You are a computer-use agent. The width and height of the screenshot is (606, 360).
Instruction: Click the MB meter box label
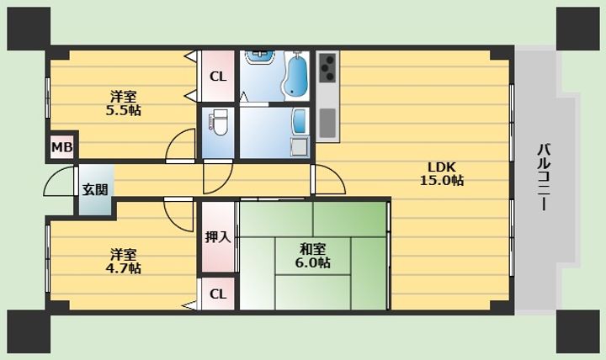pyautogui.click(x=61, y=147)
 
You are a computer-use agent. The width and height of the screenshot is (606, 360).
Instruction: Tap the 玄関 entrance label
pyautogui.click(x=95, y=189)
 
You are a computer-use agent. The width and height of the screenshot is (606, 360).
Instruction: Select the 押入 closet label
pyautogui.click(x=218, y=236)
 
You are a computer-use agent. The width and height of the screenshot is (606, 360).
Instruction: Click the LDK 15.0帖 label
pyautogui.click(x=442, y=174)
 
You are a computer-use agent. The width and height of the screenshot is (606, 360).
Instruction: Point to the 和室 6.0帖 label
pyautogui.click(x=312, y=256)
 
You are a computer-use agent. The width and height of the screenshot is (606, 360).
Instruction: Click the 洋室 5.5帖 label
pyautogui.click(x=123, y=103)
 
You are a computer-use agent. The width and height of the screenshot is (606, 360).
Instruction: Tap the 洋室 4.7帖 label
pyautogui.click(x=123, y=262)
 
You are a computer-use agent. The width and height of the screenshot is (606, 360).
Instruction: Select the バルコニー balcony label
pyautogui.click(x=545, y=177)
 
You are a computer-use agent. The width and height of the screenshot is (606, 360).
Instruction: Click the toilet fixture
pyautogui.click(x=219, y=123)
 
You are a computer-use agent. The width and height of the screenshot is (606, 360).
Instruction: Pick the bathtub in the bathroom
pyautogui.click(x=295, y=76)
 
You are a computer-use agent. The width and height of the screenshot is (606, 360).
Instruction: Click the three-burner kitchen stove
pyautogui.click(x=328, y=67)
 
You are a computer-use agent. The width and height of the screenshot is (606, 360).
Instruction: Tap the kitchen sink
pyautogui.click(x=327, y=123)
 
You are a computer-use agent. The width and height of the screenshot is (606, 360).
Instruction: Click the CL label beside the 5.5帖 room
pyautogui.click(x=218, y=77)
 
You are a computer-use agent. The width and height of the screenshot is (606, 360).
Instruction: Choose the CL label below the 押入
pyautogui.click(x=218, y=294)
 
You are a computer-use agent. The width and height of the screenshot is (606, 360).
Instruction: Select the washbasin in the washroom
pyautogui.click(x=261, y=58)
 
